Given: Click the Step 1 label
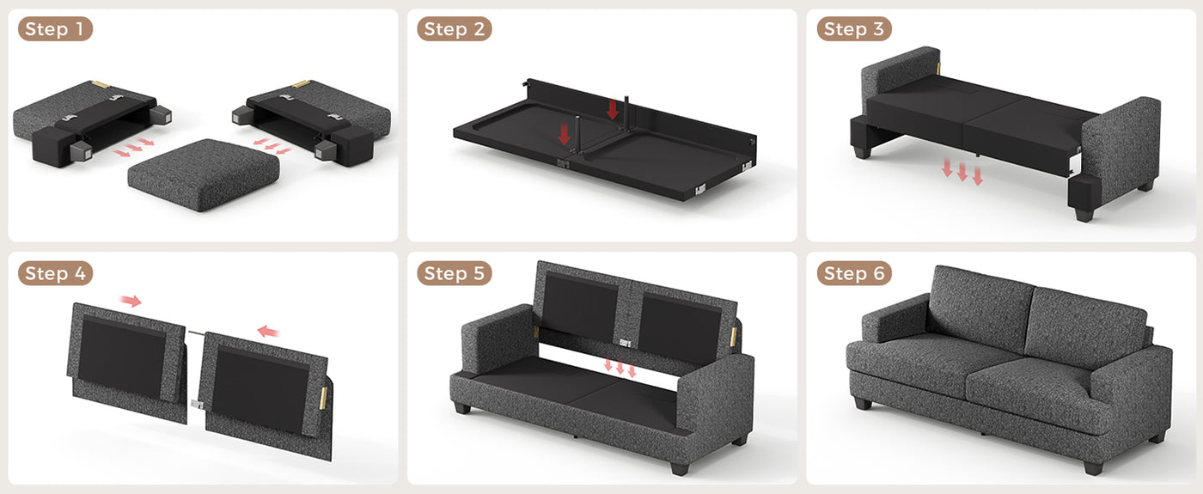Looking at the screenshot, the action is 55,29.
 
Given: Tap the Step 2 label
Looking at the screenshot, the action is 455,29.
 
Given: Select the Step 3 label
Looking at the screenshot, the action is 854,29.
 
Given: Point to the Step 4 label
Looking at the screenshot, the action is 55,273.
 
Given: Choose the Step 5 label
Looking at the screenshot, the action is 455,273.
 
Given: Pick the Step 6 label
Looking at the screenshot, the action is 854,273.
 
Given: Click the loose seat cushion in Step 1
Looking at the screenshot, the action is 204,174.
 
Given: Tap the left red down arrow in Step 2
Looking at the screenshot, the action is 564,134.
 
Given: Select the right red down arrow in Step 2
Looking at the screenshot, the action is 612,110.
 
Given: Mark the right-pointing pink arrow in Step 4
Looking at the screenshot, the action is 131,301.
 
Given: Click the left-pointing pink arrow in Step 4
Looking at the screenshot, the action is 268,332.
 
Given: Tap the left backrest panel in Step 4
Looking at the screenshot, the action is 127,363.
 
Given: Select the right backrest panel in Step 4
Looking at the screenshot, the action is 266,394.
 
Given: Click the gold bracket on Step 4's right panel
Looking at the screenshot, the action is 324,397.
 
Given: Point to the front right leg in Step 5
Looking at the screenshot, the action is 680,467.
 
